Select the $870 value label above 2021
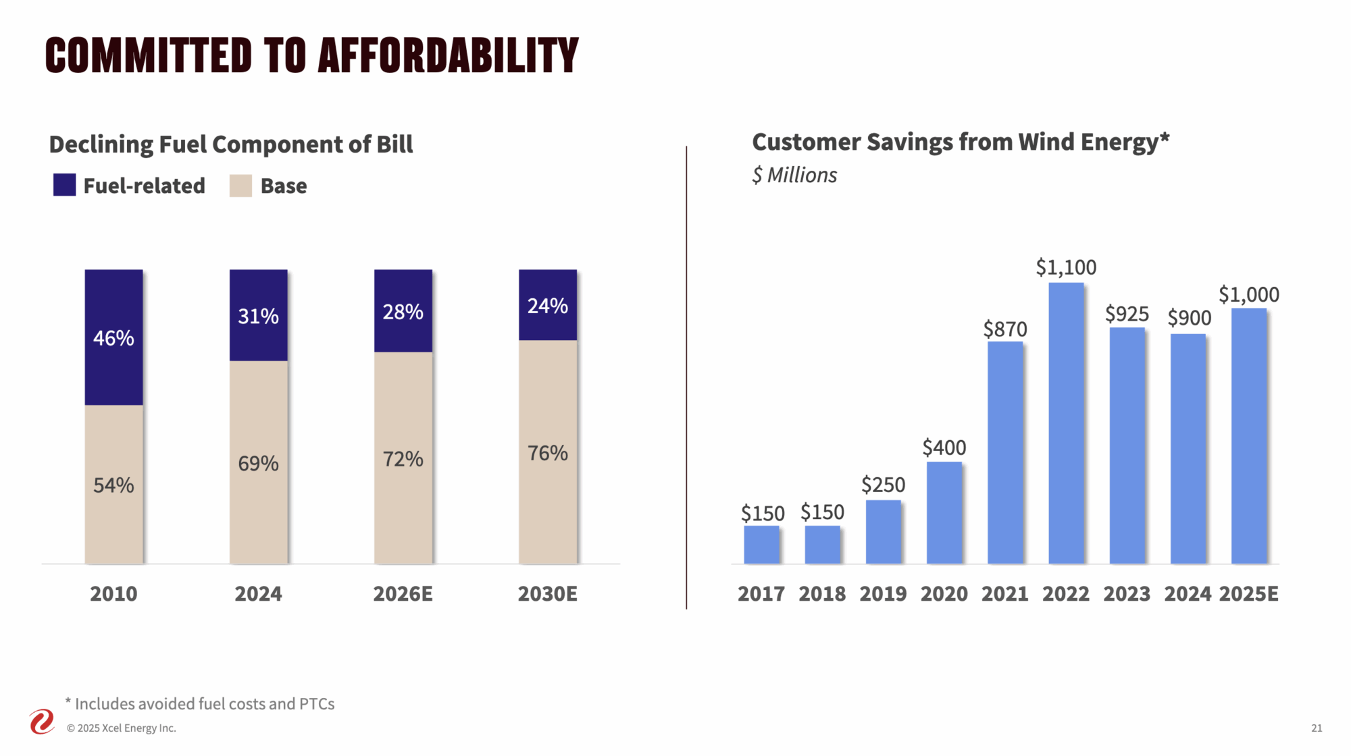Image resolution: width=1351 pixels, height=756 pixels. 1005,329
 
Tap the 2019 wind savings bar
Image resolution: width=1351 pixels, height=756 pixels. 883,532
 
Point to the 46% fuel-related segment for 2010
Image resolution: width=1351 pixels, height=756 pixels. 113,337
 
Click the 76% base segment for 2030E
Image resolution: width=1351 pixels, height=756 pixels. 548,452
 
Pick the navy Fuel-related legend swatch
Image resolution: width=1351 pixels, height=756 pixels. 64,185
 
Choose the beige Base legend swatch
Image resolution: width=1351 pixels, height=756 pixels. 240,186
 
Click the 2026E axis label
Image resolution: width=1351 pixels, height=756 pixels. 403,594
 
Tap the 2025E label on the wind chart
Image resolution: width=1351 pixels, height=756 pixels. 1248,594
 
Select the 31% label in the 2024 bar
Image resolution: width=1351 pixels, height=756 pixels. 258,316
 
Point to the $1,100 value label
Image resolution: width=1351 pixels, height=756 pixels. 1066,267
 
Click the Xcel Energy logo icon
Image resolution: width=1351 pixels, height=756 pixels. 42,722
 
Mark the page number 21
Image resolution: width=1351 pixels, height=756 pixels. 1317,728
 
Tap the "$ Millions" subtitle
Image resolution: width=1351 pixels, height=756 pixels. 794,175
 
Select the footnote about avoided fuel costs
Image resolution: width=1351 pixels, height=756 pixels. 201,704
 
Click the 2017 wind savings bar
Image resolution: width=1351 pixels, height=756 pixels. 761,544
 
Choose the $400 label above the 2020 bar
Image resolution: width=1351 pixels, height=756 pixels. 944,448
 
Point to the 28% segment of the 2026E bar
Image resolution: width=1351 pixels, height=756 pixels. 403,311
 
